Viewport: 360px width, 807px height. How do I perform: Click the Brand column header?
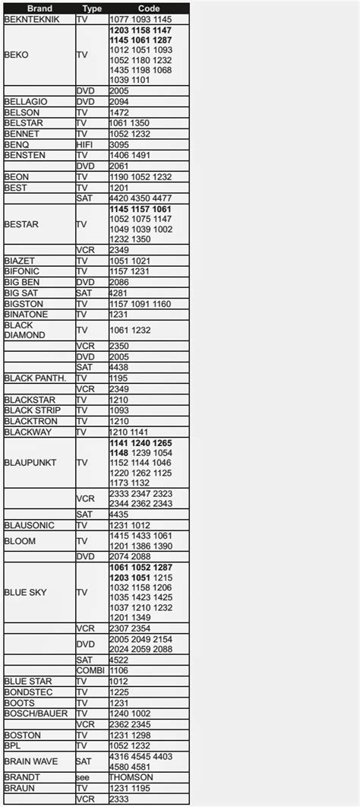[39, 8]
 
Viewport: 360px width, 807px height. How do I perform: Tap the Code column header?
[148, 8]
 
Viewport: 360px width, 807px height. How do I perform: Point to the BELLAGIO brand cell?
[26, 101]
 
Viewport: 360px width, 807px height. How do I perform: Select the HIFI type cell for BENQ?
[84, 144]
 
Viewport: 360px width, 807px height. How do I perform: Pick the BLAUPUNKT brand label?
[30, 462]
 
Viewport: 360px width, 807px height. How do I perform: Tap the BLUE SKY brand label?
[26, 592]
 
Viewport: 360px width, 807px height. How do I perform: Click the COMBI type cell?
[90, 670]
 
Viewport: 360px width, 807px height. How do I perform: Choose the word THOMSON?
[131, 777]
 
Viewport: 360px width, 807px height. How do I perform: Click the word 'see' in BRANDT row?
[83, 777]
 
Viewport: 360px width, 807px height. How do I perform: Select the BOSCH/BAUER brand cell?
[36, 714]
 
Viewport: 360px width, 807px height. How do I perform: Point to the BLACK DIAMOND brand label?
[25, 330]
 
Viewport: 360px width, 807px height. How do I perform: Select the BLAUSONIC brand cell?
[29, 524]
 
